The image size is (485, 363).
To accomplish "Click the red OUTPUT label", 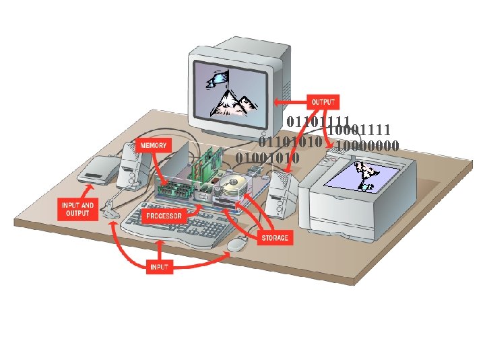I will click(323, 102).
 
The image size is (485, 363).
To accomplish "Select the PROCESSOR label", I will click(164, 216).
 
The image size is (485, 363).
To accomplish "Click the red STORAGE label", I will click(275, 237).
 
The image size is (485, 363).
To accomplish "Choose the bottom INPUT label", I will click(160, 267).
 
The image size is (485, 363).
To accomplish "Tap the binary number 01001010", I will click(267, 158).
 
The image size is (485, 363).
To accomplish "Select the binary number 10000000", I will click(368, 145).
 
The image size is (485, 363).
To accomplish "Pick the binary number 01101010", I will click(291, 143).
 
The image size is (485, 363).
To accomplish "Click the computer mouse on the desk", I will click(236, 245).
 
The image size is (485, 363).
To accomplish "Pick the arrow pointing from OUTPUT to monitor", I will click(290, 103).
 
